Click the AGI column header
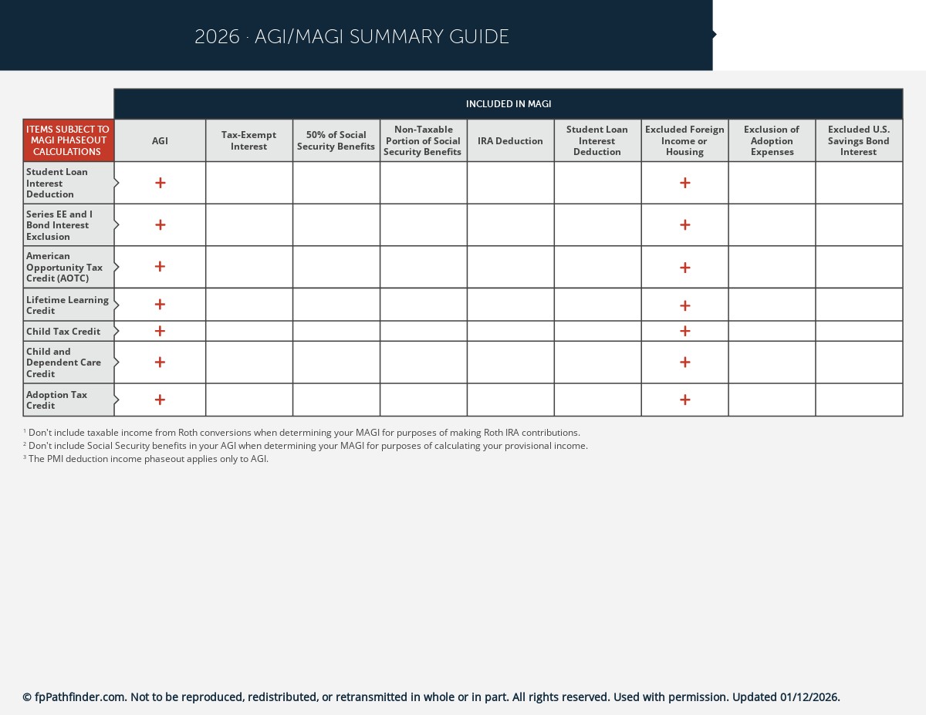(160, 140)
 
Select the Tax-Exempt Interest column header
(248, 140)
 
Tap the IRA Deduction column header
(510, 140)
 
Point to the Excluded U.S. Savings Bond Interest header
(858, 140)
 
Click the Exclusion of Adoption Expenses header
(772, 140)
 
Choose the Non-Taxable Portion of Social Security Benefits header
(422, 140)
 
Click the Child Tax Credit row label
(63, 331)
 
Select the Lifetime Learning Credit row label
(67, 305)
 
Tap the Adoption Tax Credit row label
(57, 400)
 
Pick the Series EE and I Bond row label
(59, 225)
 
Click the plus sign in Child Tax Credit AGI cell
(160, 331)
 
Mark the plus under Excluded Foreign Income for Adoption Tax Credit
(684, 400)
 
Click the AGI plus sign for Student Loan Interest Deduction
(160, 183)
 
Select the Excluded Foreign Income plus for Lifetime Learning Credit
(684, 305)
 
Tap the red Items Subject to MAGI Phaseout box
(68, 140)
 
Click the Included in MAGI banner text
(508, 104)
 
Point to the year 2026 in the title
(217, 37)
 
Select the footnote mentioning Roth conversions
(304, 433)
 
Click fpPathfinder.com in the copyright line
(79, 697)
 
